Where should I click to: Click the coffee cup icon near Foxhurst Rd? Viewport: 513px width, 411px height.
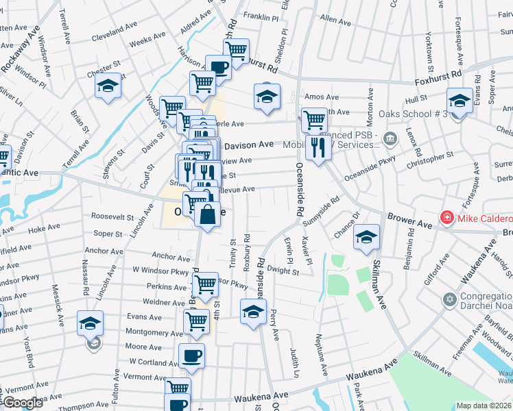[x=219, y=68]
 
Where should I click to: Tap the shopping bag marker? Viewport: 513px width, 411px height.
[x=207, y=214]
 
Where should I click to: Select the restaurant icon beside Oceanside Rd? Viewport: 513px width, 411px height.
[x=318, y=147]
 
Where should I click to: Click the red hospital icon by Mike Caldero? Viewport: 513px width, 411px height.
[x=447, y=218]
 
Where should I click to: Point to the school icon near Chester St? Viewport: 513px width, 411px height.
[x=108, y=86]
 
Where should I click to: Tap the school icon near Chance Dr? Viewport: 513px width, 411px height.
[x=367, y=236]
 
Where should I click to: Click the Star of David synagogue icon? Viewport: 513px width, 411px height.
[x=450, y=299]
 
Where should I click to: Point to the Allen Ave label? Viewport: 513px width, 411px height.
[x=335, y=21]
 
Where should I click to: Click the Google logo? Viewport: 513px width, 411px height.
[x=22, y=403]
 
